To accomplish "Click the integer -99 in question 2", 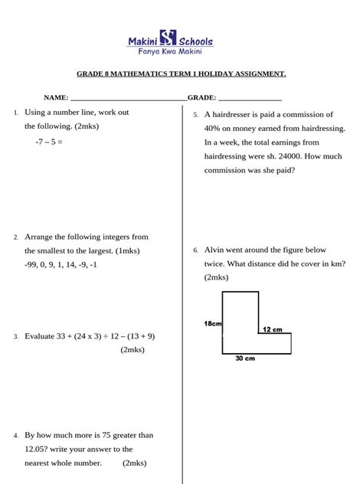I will tap(32, 265).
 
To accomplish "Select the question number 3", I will tap(15, 336).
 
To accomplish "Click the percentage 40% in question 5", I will tap(214, 129).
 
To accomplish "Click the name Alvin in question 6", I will tap(216, 250).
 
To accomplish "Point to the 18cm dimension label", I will tap(213, 324).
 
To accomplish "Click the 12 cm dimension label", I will tap(272, 329).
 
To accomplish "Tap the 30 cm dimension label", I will tap(245, 358).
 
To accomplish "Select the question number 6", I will tap(196, 250).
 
